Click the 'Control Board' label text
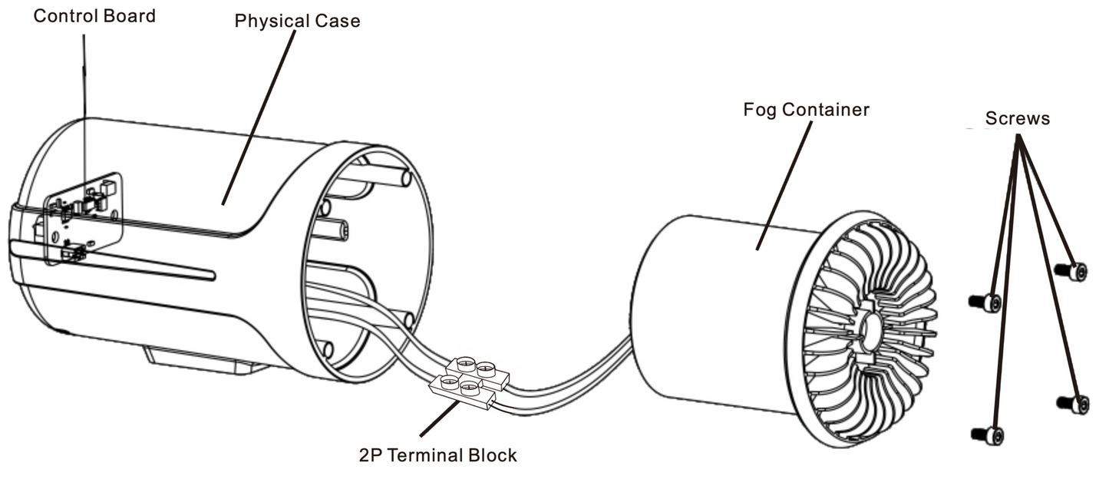click(94, 16)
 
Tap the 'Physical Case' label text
click(297, 21)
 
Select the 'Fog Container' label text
click(806, 110)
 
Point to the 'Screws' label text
click(1018, 119)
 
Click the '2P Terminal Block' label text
click(437, 455)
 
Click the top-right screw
click(1071, 271)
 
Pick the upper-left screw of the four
click(985, 302)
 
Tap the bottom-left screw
click(987, 434)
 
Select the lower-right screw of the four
click(1073, 403)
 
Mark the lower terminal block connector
click(461, 391)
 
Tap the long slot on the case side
click(115, 259)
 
